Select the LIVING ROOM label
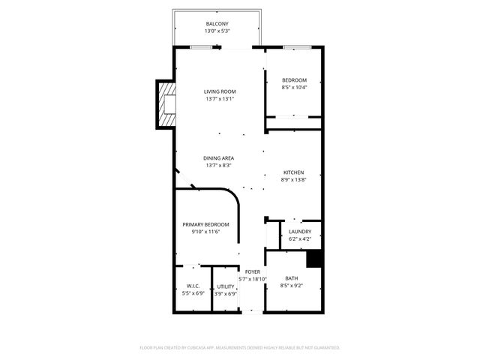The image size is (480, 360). tap(220, 91)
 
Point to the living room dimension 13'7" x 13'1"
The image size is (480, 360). tap(220, 99)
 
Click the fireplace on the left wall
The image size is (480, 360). tap(166, 104)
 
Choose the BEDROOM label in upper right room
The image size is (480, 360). tap(294, 80)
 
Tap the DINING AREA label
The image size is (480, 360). tap(218, 158)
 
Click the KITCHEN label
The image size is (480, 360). tap(293, 172)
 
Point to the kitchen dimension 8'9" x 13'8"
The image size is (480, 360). tap(293, 180)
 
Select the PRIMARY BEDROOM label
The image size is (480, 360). tap(205, 224)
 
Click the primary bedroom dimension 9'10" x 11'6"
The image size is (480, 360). tap(205, 232)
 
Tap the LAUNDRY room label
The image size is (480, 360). tap(300, 232)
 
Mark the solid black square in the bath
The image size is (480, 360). tap(315, 258)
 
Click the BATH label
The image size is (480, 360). tap(291, 278)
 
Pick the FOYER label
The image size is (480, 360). tap(253, 271)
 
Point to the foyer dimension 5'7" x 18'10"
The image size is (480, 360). tap(253, 279)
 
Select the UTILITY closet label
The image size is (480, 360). tap(226, 286)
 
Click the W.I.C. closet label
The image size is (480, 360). tap(192, 286)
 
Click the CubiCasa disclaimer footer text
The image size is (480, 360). tap(240, 347)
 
